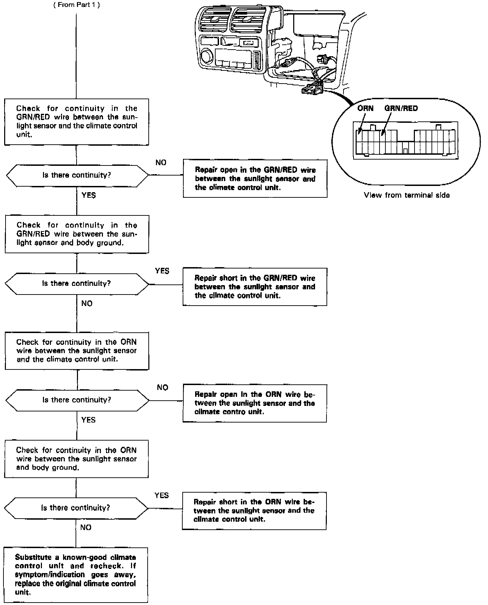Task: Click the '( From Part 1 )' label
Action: click(x=77, y=5)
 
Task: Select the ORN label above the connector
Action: click(x=365, y=108)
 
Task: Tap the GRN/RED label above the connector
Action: click(x=401, y=108)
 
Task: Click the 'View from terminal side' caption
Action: click(x=407, y=195)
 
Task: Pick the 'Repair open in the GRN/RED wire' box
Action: click(x=255, y=179)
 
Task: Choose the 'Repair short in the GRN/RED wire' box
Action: click(x=255, y=287)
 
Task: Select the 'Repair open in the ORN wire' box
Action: click(x=255, y=403)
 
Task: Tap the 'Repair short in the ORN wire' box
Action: click(x=254, y=511)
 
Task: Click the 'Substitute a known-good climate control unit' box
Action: click(x=76, y=574)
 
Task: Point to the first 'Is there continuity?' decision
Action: click(x=77, y=175)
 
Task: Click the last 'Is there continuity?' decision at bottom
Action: click(x=76, y=508)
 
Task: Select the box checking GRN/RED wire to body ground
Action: click(x=77, y=234)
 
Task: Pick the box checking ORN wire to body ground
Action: click(x=76, y=459)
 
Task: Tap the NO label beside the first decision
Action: click(x=161, y=163)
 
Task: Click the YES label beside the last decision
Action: click(x=162, y=495)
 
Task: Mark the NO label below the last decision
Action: click(x=86, y=528)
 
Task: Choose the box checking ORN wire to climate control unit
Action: click(x=77, y=351)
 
